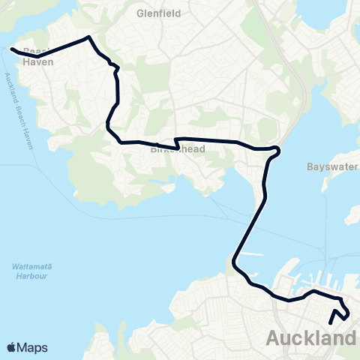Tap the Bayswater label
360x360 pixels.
(333, 166)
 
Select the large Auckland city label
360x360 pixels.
(310, 338)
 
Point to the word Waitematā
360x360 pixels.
(31, 267)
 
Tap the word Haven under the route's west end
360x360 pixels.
(38, 63)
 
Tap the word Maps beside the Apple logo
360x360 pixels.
(34, 347)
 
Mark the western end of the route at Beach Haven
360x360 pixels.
(12, 50)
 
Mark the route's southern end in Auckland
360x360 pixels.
(330, 324)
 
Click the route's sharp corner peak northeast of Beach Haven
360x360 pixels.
(89, 37)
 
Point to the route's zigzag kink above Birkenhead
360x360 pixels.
(176, 142)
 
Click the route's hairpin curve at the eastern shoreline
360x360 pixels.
(278, 150)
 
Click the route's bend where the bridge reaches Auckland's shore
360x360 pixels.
(235, 263)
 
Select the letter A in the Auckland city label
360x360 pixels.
(274, 339)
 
